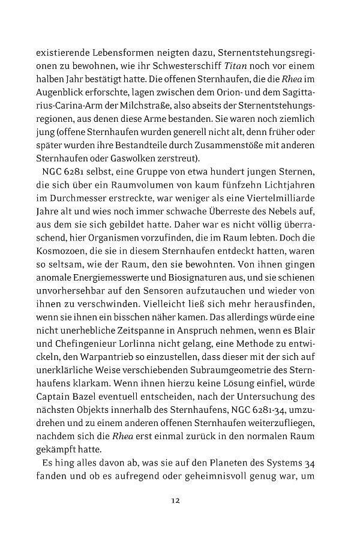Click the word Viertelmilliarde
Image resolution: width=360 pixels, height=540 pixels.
point(287,197)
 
